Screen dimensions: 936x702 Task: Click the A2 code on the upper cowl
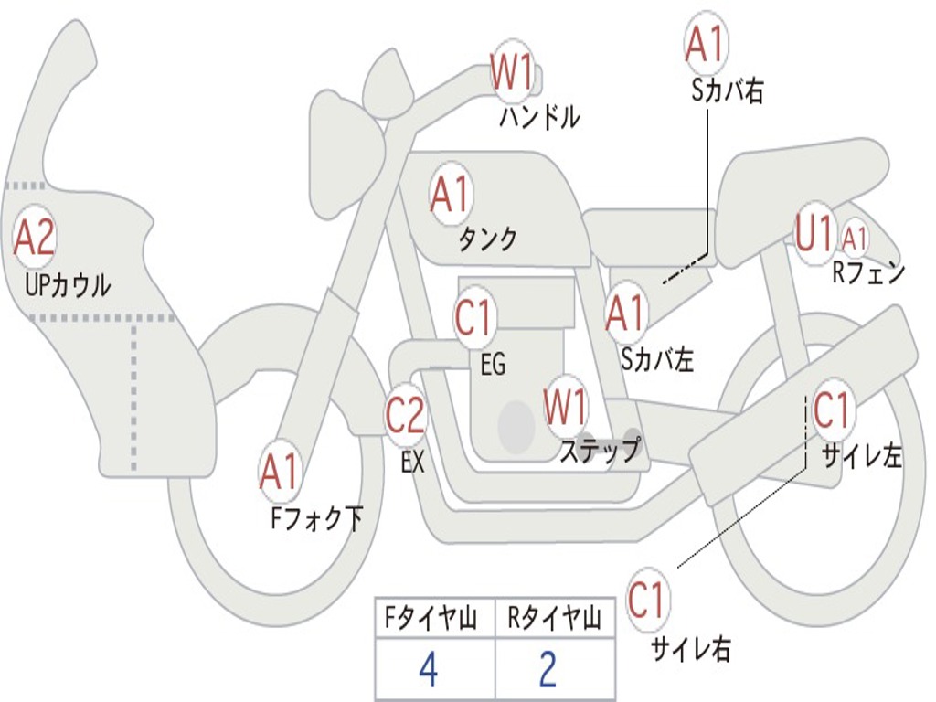click(x=35, y=237)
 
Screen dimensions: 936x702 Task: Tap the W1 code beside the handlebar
click(x=512, y=71)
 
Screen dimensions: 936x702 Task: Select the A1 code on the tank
click(x=451, y=194)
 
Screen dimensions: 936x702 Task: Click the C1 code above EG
click(x=473, y=317)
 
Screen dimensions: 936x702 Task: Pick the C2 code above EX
click(x=405, y=414)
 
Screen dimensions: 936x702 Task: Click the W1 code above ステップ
click(x=565, y=407)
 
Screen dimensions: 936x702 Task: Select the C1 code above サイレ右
click(x=646, y=600)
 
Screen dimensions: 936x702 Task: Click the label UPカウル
click(x=68, y=286)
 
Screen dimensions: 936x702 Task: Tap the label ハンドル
click(x=539, y=117)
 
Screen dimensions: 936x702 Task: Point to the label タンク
click(x=488, y=239)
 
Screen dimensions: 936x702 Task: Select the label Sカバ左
click(x=657, y=359)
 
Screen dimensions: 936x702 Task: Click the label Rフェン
click(x=869, y=272)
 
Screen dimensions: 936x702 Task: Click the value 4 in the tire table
click(x=430, y=670)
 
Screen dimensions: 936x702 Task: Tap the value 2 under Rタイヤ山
click(x=548, y=670)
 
